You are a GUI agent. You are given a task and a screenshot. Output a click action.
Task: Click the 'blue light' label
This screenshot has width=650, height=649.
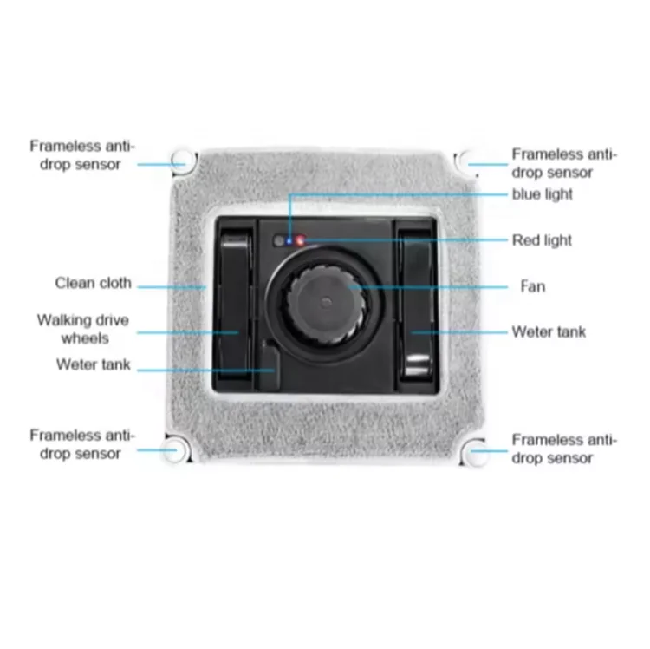pyautogui.click(x=542, y=195)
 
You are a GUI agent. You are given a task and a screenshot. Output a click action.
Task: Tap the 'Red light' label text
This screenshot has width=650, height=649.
pyautogui.click(x=543, y=240)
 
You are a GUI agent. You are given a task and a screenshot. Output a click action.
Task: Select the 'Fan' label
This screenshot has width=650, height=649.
pyautogui.click(x=532, y=285)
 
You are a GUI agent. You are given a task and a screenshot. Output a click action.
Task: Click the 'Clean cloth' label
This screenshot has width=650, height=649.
pyautogui.click(x=94, y=283)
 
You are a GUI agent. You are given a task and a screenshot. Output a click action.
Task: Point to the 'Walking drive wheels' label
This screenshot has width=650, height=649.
pyautogui.click(x=82, y=329)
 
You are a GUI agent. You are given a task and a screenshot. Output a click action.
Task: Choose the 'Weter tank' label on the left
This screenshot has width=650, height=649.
pyautogui.click(x=94, y=364)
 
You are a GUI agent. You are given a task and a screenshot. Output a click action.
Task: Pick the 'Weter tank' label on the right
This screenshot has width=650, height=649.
pyautogui.click(x=549, y=331)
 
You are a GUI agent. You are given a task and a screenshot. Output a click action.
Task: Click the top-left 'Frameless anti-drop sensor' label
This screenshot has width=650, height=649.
pyautogui.click(x=82, y=155)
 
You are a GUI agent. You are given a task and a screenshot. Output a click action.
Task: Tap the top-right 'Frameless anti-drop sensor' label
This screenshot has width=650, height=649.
pyautogui.click(x=564, y=164)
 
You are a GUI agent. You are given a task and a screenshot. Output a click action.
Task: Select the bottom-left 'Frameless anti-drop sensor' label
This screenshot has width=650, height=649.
pyautogui.click(x=82, y=444)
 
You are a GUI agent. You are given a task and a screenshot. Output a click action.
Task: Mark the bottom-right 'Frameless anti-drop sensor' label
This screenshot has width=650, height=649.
pyautogui.click(x=564, y=449)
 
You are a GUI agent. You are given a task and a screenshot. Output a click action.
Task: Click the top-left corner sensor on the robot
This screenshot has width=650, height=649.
pyautogui.click(x=182, y=161)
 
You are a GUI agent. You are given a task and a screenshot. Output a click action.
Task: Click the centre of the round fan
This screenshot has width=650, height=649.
pyautogui.click(x=324, y=301)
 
